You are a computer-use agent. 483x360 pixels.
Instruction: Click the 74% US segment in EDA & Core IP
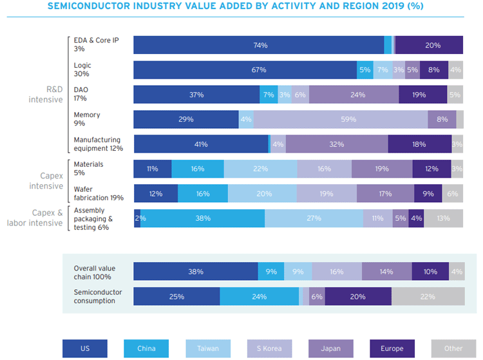pos(259,45)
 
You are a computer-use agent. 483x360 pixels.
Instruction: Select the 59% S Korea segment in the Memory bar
pos(340,119)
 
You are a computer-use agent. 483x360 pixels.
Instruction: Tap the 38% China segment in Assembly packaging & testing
pos(203,218)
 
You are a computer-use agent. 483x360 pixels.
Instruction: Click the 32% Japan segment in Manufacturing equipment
pos(337,144)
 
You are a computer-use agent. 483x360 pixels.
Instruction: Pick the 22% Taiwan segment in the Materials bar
pos(260,169)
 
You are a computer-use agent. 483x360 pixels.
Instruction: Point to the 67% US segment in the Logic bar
pos(245,70)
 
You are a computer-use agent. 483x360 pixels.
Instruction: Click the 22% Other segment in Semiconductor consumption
pos(428,296)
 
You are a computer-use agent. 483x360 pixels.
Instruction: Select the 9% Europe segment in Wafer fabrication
pos(428,194)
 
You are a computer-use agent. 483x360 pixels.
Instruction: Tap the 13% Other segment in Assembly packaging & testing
pos(443,218)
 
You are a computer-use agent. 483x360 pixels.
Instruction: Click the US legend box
pos(85,348)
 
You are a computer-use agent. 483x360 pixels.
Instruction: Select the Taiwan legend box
pos(208,348)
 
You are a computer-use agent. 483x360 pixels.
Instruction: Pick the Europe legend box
pos(392,348)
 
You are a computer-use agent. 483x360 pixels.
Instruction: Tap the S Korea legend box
pos(269,348)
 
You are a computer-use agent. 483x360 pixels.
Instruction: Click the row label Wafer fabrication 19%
pos(99,193)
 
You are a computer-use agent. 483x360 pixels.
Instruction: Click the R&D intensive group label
pos(46,95)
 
